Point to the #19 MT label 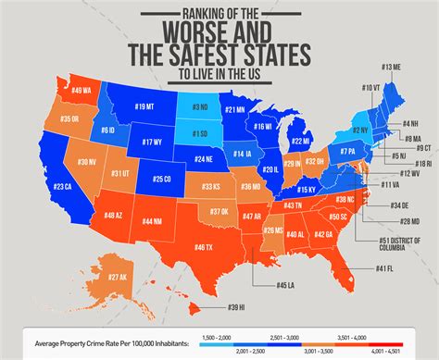point(144,107)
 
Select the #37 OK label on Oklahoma point(219,210)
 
